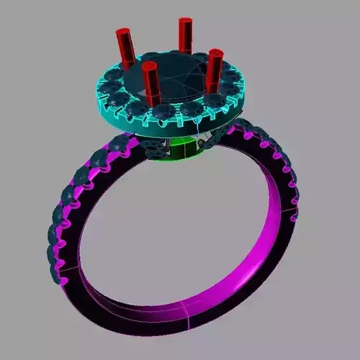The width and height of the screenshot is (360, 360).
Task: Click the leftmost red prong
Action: (x=124, y=46)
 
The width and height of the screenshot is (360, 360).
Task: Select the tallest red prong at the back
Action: (x=185, y=36)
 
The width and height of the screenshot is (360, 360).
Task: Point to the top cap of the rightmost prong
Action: (x=216, y=53)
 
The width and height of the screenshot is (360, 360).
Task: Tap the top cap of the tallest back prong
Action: (x=185, y=22)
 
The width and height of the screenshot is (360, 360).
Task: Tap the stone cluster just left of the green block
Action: (x=154, y=147)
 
